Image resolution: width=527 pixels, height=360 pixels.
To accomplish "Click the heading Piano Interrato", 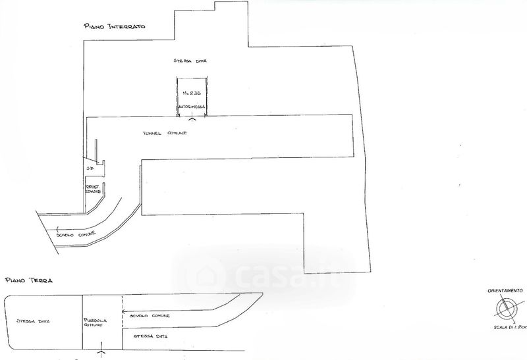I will (x=113, y=26).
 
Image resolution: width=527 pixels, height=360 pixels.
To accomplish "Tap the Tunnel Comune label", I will (x=165, y=134).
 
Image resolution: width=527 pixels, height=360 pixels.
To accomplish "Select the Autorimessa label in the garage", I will (x=191, y=106).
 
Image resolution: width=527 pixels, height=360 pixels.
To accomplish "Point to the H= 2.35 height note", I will (x=191, y=93).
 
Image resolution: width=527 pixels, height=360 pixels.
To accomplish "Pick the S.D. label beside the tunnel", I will (x=90, y=168).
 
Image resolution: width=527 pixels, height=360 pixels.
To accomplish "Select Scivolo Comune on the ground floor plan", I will (x=149, y=317).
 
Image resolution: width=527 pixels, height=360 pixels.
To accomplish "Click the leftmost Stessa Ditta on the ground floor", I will (x=35, y=321).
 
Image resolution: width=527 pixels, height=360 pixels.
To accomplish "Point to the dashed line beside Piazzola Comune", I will (x=122, y=322).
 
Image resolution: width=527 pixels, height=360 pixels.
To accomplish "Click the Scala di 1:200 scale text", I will (x=509, y=326).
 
